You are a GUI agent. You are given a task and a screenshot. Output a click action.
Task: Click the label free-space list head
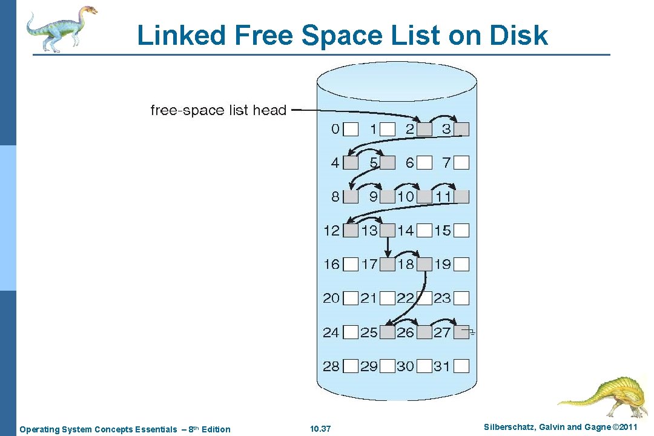pyautogui.click(x=218, y=110)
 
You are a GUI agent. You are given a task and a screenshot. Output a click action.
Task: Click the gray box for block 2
pyautogui.click(x=425, y=129)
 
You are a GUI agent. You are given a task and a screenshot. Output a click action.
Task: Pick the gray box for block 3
pyautogui.click(x=462, y=129)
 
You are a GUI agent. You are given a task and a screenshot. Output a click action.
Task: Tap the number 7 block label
pyautogui.click(x=447, y=162)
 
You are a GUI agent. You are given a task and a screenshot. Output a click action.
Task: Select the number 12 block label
pyautogui.click(x=331, y=230)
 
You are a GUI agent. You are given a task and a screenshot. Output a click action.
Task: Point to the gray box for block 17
pyautogui.click(x=388, y=264)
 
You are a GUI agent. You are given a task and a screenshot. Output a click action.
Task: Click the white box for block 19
pyautogui.click(x=462, y=264)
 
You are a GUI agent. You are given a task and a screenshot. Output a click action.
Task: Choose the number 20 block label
pyautogui.click(x=331, y=298)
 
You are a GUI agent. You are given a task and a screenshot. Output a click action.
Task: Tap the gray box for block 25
pyautogui.click(x=388, y=332)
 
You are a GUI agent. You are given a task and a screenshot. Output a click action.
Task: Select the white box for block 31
pyautogui.click(x=462, y=366)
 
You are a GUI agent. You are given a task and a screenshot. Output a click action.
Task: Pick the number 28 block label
pyautogui.click(x=331, y=366)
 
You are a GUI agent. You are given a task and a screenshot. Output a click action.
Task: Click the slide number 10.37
pyautogui.click(x=320, y=429)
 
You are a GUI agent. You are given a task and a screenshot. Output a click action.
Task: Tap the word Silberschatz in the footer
pyautogui.click(x=507, y=428)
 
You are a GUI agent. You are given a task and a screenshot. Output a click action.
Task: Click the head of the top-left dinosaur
pyautogui.click(x=88, y=10)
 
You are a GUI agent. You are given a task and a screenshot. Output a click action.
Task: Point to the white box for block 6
pyautogui.click(x=425, y=162)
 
